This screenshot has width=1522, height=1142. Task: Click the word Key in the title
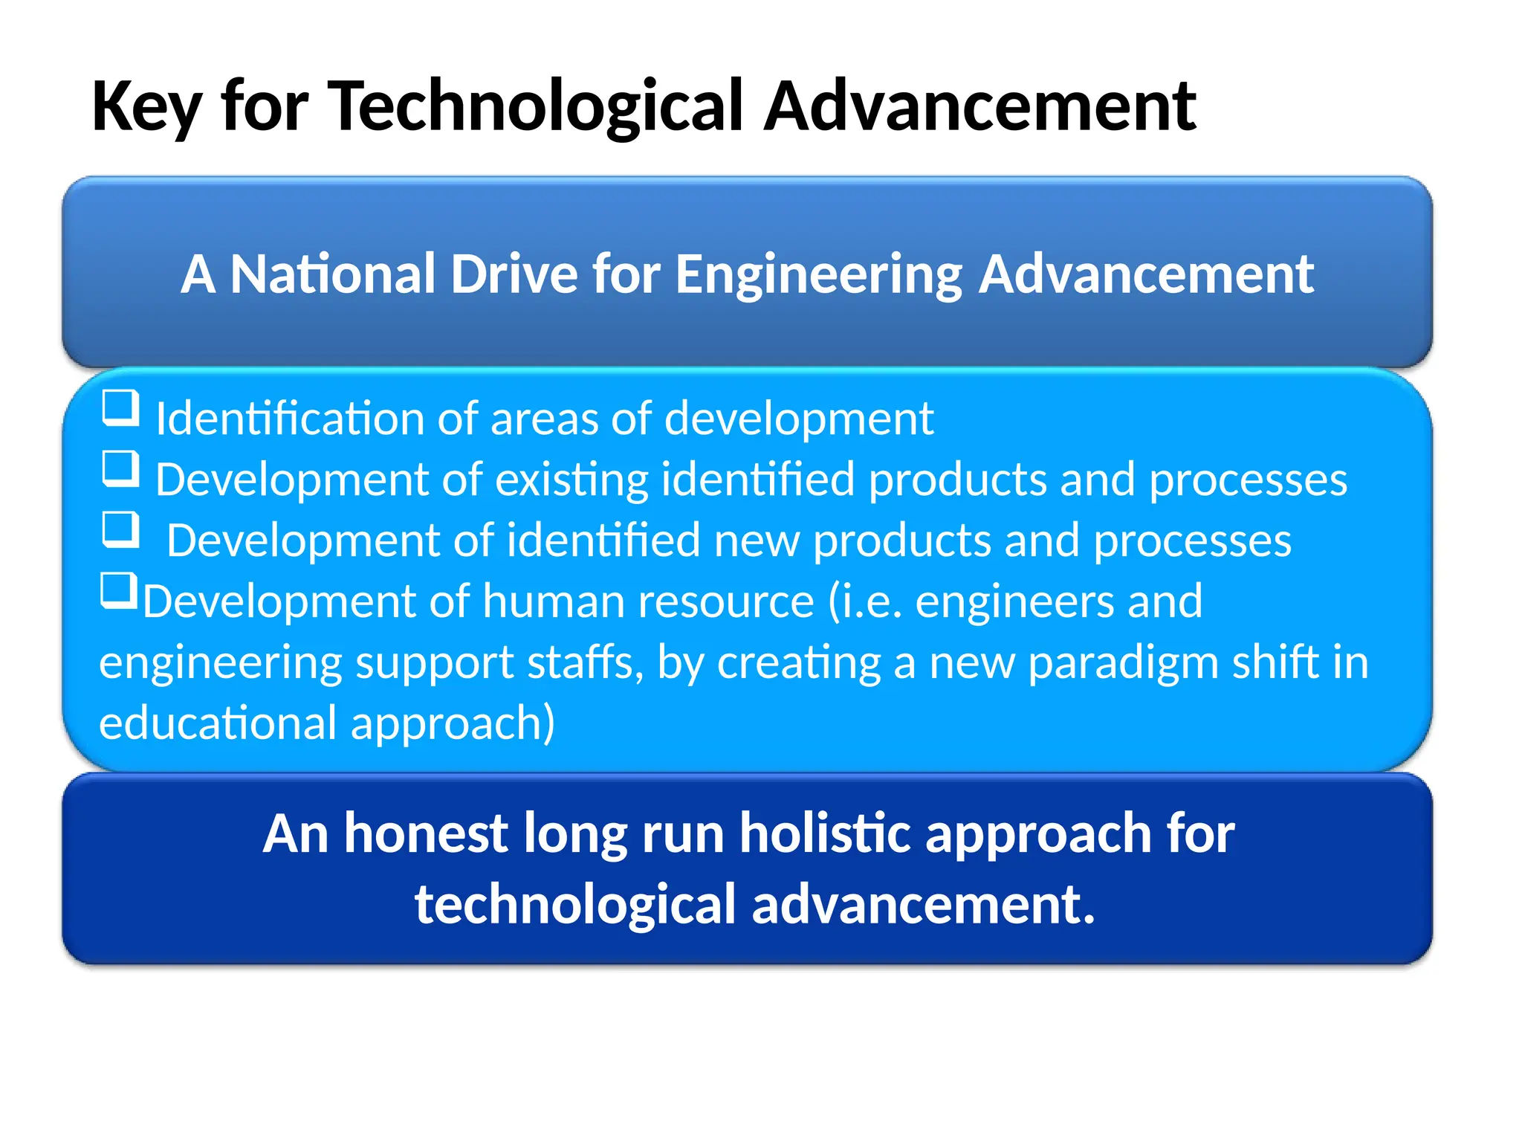146,108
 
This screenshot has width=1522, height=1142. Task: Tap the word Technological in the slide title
535,108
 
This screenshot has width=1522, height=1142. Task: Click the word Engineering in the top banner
818,276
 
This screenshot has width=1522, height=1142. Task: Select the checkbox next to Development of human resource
119,590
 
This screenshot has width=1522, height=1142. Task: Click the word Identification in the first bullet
289,419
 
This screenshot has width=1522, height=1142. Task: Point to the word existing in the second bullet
571,480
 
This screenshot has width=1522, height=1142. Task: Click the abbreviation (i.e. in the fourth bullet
865,601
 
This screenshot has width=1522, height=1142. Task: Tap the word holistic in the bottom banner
826,833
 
